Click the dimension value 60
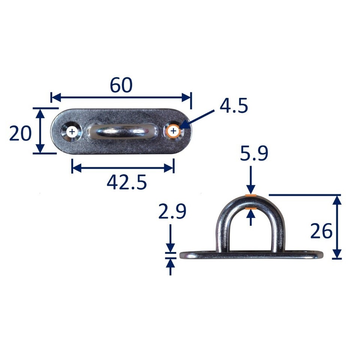[121, 85]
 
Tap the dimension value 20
[20, 133]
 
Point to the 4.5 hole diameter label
[234, 107]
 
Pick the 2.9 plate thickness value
[172, 213]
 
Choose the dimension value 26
[321, 231]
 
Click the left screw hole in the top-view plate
[72, 132]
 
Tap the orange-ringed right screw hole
[173, 131]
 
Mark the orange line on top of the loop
[250, 196]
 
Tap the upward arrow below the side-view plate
[171, 267]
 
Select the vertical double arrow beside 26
[337, 227]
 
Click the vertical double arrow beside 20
[39, 130]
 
